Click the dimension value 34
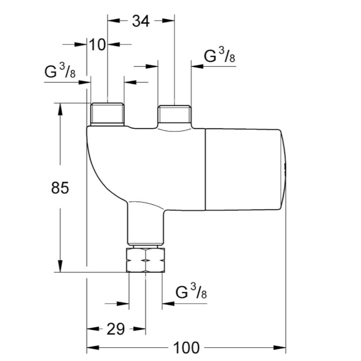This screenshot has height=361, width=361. (x=141, y=21)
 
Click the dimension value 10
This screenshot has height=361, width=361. (x=97, y=44)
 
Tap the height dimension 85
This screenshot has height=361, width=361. (x=60, y=187)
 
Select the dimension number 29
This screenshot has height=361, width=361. (x=116, y=329)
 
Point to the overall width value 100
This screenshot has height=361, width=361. (x=186, y=348)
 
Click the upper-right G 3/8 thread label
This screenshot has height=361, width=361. (x=220, y=56)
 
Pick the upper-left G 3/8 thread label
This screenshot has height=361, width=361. (x=60, y=71)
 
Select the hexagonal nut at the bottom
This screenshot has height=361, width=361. (x=146, y=260)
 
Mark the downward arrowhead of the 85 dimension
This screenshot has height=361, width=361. (x=60, y=266)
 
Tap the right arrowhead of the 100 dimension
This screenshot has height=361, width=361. (x=279, y=348)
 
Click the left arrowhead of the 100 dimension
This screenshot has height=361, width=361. (x=93, y=348)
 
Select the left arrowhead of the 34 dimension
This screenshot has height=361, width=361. (x=114, y=21)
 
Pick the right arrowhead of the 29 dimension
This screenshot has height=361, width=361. (x=139, y=329)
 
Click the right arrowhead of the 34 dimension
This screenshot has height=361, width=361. (x=168, y=21)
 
